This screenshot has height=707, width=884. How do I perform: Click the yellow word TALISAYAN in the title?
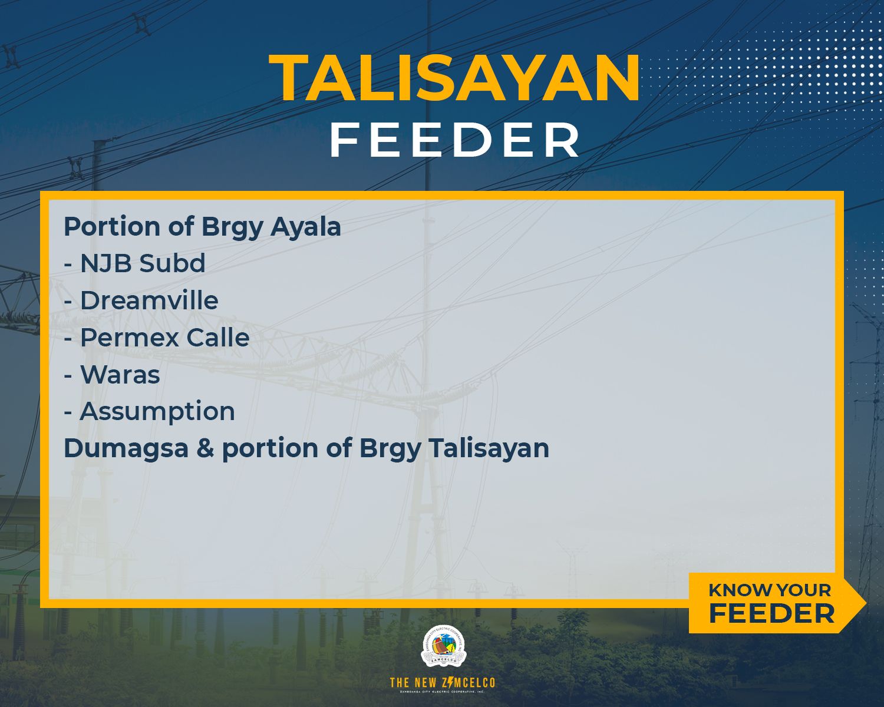pyautogui.click(x=454, y=77)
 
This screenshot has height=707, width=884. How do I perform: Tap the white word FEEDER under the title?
pyautogui.click(x=455, y=140)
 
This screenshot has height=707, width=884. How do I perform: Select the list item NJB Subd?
pyautogui.click(x=143, y=263)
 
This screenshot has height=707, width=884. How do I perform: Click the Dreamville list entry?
pyautogui.click(x=149, y=300)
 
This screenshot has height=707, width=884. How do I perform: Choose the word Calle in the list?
pyautogui.click(x=218, y=337)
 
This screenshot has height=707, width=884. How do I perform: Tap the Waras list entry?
pyautogui.click(x=120, y=375)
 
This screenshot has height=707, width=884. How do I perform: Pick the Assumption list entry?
pyautogui.click(x=157, y=412)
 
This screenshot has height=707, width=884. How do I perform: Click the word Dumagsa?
pyautogui.click(x=126, y=448)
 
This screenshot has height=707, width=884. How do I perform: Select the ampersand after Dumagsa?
pyautogui.click(x=206, y=448)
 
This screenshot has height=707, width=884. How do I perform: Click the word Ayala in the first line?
pyautogui.click(x=306, y=227)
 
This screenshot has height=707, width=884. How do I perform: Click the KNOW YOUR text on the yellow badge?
pyautogui.click(x=770, y=590)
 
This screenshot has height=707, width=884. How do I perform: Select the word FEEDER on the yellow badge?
pyautogui.click(x=771, y=614)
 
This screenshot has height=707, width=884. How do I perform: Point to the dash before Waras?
pyautogui.click(x=68, y=376)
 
